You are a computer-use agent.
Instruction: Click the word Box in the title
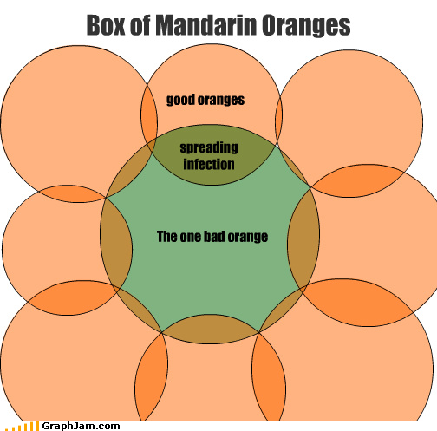coord(106,25)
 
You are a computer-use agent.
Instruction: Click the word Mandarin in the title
coord(206,25)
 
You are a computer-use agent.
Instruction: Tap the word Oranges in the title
coord(306,26)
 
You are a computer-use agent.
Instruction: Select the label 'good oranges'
coord(205,100)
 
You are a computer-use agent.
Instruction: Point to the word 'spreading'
coord(209,147)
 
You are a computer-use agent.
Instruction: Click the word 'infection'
coord(209,164)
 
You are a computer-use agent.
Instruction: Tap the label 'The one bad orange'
coord(212,237)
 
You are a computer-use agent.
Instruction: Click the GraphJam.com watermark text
coord(81,426)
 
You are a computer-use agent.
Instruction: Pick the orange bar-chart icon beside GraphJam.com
coord(23,427)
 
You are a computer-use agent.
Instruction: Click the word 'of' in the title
coord(140,25)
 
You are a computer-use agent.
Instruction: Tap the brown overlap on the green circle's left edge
coord(116,243)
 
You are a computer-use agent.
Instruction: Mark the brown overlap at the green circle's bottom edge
coord(211,330)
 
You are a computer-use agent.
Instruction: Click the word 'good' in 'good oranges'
coord(180,100)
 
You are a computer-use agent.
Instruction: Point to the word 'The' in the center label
coord(167,236)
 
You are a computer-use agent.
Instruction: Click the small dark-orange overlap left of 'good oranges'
coord(149,115)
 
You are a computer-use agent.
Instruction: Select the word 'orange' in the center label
coord(248,238)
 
